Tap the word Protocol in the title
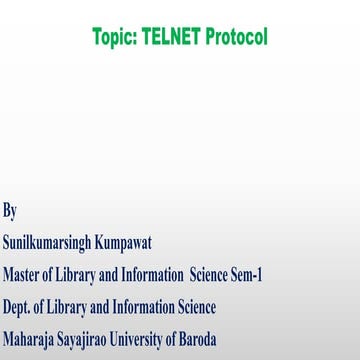[x=238, y=38]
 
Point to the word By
[x=10, y=210]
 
